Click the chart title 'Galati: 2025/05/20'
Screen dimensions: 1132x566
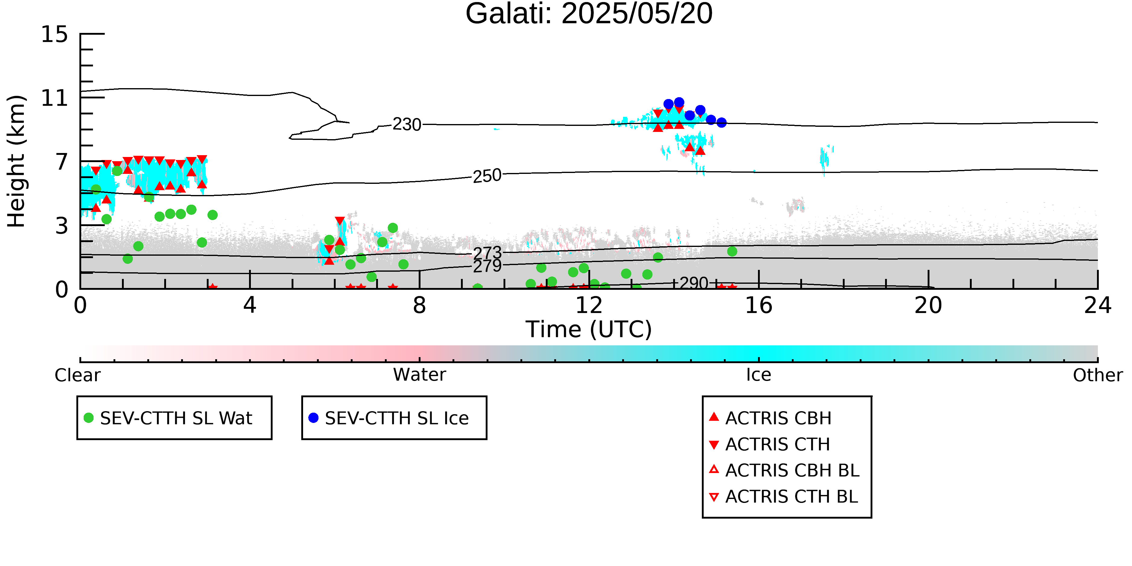[589, 14]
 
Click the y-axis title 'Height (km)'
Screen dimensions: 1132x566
[17, 161]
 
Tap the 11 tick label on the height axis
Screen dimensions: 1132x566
[55, 98]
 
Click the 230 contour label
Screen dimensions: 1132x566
[407, 124]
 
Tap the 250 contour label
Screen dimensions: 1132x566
[487, 176]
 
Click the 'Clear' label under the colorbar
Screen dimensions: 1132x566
[77, 375]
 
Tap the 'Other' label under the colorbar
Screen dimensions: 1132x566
[1098, 375]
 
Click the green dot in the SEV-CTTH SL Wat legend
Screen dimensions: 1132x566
[89, 417]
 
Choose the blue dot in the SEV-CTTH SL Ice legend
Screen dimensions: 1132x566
[313, 417]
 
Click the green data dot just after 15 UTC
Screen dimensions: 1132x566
[732, 251]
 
